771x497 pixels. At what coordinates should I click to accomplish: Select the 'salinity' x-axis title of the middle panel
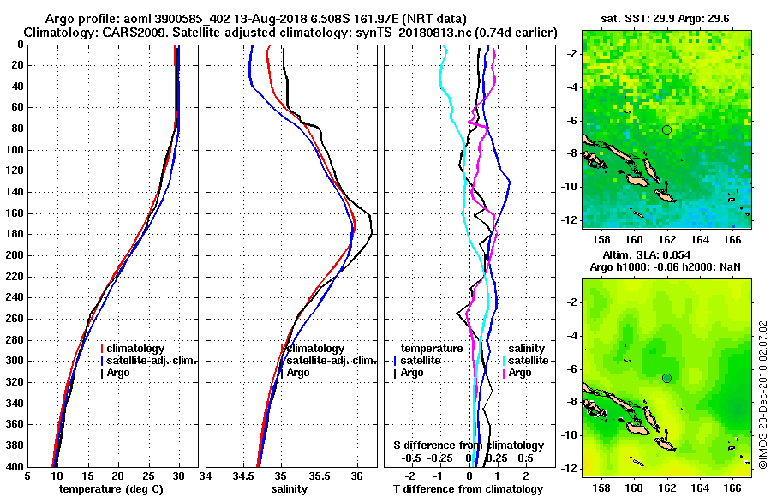tap(289, 489)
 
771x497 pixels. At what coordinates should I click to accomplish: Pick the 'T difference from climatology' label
tap(468, 489)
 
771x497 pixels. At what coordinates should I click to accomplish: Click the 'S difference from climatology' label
tap(468, 446)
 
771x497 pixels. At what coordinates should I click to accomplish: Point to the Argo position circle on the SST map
tap(666, 129)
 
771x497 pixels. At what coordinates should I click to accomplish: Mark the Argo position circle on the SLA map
tap(666, 378)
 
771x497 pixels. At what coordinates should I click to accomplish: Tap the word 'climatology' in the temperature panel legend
tap(137, 349)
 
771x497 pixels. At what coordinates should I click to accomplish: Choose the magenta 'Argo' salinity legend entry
tap(520, 373)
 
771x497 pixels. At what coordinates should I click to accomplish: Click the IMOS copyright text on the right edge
tap(762, 394)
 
